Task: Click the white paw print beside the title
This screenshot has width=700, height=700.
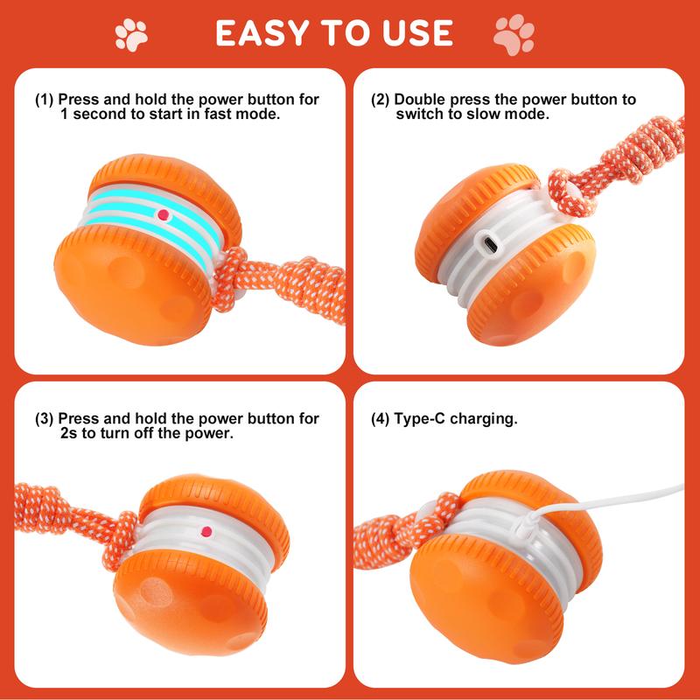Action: (x=132, y=33)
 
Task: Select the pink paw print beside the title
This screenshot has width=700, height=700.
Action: (x=514, y=33)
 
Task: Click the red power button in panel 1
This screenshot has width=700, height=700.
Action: (x=163, y=213)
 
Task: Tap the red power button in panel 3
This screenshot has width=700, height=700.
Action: (x=206, y=530)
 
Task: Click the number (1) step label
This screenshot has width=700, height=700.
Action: (x=45, y=101)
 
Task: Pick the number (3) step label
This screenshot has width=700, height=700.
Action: (x=45, y=419)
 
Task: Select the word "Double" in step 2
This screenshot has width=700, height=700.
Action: (x=423, y=101)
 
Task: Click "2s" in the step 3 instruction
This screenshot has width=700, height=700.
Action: (x=71, y=433)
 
